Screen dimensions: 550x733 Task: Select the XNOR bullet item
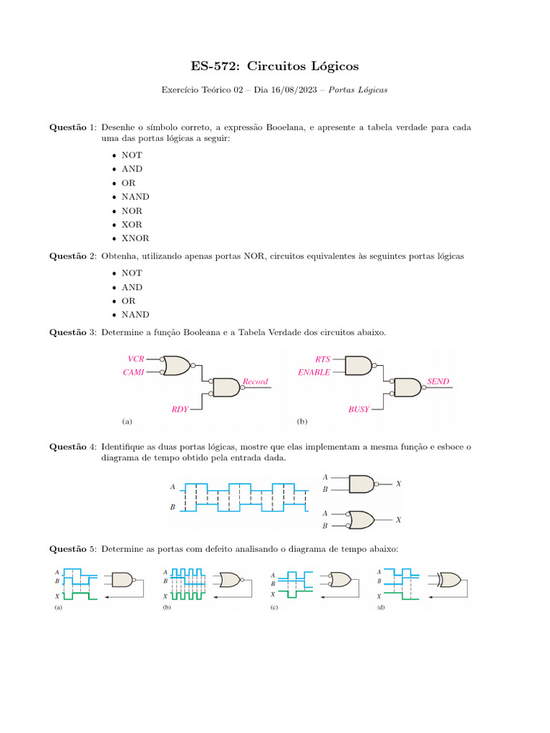pyautogui.click(x=135, y=238)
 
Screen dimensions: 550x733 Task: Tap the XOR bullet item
pyautogui.click(x=132, y=225)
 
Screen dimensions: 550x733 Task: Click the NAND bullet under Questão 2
pyautogui.click(x=135, y=314)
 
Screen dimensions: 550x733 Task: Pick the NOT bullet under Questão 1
pyautogui.click(x=132, y=155)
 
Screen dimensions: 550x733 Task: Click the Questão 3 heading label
pyautogui.click(x=72, y=331)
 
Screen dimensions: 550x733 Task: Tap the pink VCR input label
pyautogui.click(x=136, y=358)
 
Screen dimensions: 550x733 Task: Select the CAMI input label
pyautogui.click(x=135, y=372)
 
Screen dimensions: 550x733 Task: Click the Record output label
pyautogui.click(x=255, y=382)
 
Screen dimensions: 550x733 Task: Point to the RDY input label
pyautogui.click(x=179, y=409)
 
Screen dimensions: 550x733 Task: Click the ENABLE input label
pyautogui.click(x=314, y=372)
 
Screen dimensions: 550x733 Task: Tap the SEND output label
pyautogui.click(x=438, y=382)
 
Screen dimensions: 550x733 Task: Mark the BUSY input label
pyautogui.click(x=359, y=409)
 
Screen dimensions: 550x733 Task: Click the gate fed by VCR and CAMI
pyautogui.click(x=176, y=366)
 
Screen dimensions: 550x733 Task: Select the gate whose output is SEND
pyautogui.click(x=408, y=387)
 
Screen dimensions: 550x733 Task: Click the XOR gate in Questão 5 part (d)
pyautogui.click(x=450, y=579)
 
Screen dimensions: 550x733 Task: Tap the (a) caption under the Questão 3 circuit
pyautogui.click(x=127, y=422)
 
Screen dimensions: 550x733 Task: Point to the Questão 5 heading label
pyautogui.click(x=72, y=549)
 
